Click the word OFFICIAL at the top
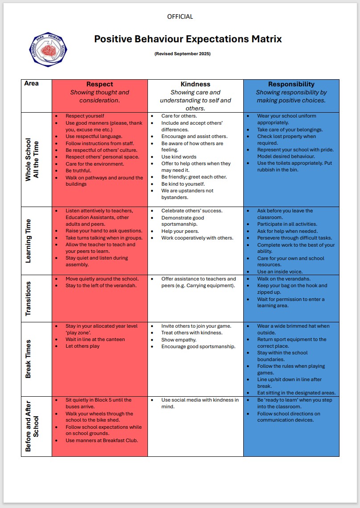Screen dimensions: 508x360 (x=180, y=16)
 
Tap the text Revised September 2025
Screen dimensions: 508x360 (x=182, y=54)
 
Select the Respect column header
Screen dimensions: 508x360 (x=99, y=84)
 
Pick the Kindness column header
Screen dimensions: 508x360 (x=195, y=84)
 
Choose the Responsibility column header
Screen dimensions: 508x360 (x=291, y=84)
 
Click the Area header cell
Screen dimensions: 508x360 (x=32, y=83)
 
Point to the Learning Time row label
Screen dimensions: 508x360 (x=29, y=240)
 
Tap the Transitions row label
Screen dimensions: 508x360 (x=29, y=298)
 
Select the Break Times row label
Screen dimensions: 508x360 (x=29, y=359)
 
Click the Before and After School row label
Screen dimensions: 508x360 (x=32, y=427)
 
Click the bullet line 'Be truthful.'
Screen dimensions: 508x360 (x=78, y=171)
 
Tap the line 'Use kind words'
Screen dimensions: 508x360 (x=179, y=157)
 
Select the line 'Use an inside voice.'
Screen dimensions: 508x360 (x=280, y=272)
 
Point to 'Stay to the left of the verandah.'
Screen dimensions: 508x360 (x=101, y=285)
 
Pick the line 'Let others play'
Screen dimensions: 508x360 (x=82, y=346)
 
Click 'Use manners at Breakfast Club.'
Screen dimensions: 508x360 (x=102, y=440)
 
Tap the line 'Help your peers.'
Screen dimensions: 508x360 (x=180, y=231)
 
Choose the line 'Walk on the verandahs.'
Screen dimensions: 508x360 (x=283, y=279)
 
